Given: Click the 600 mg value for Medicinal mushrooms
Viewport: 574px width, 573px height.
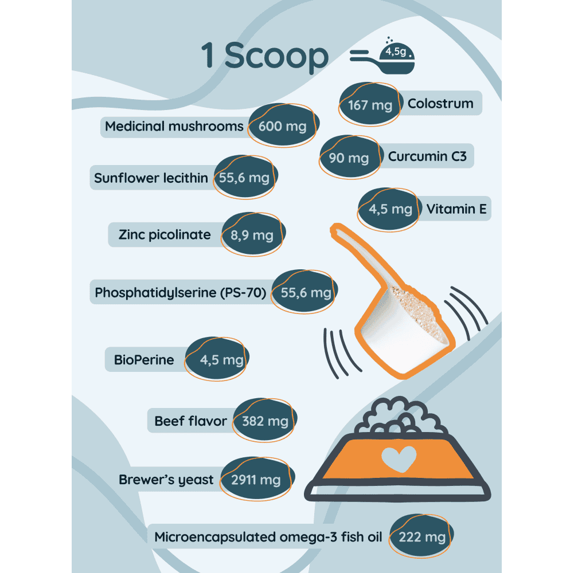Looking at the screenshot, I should click(282, 126).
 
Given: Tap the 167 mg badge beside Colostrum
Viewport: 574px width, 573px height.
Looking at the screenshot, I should click(370, 105).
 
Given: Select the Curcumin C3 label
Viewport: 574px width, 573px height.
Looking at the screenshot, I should click(427, 156).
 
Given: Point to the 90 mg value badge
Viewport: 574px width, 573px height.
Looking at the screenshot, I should click(349, 158).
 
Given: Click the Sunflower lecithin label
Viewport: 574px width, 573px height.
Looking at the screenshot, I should click(151, 178).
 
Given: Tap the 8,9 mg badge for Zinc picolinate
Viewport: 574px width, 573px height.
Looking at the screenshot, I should click(252, 235).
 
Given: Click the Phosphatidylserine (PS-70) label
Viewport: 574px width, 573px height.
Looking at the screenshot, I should click(181, 293).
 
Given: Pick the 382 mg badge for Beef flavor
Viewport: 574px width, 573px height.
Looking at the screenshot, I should click(265, 422).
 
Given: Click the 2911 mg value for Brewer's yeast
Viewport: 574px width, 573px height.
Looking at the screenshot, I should click(256, 480).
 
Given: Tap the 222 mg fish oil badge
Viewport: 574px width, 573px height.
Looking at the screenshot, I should click(422, 537).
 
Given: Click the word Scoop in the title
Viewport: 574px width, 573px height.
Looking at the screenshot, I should click(276, 56).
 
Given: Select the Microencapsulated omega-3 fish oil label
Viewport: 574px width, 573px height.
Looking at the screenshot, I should click(268, 537).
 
